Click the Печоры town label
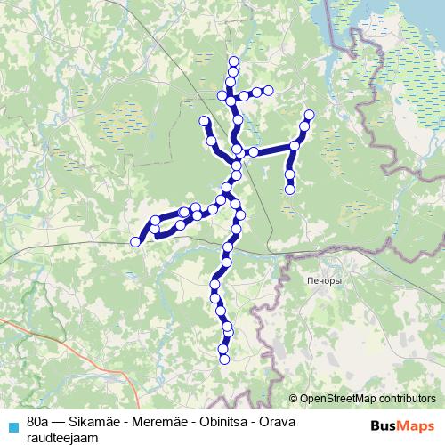pyautogui.click(x=322, y=280)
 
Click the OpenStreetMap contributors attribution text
pyautogui.click(x=367, y=399)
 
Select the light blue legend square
pyautogui.click(x=12, y=425)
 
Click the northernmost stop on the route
pyautogui.click(x=233, y=61)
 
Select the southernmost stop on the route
pyautogui.click(x=224, y=360)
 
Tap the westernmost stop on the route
pyautogui.click(x=136, y=241)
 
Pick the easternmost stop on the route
pyautogui.click(x=310, y=115)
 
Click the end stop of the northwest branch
pyautogui.click(x=204, y=121)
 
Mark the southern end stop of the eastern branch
pyautogui.click(x=290, y=189)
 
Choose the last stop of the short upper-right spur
pyautogui.click(x=268, y=90)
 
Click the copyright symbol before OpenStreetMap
pyautogui.click(x=294, y=399)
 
